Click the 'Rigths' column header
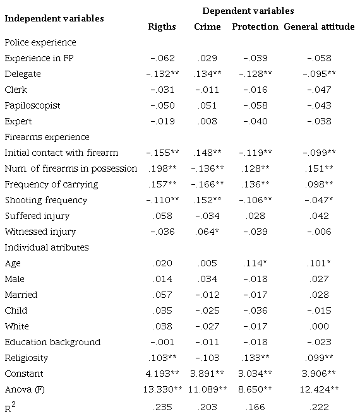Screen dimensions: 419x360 162,27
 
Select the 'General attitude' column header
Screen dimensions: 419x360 318,27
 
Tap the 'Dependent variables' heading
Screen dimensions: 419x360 248,11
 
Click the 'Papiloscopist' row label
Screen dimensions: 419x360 32,105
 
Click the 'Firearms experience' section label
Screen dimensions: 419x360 47,137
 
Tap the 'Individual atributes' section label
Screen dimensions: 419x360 46,247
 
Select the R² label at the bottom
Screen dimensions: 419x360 10,407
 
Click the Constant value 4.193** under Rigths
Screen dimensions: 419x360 163,374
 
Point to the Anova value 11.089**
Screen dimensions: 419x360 208,389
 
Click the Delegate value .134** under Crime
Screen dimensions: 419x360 209,74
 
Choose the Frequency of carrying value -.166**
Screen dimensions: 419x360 208,184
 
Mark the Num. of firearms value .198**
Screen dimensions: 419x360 163,168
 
